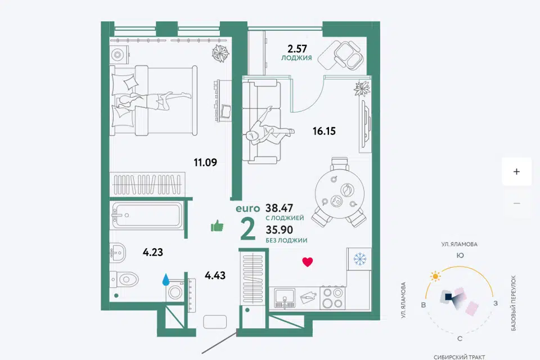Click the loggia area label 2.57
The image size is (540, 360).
297,48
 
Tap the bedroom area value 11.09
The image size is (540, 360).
205,162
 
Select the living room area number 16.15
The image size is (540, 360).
324,131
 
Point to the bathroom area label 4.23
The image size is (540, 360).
153,252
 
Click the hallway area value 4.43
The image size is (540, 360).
215,275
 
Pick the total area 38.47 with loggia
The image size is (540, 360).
280,208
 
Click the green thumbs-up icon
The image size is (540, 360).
217,226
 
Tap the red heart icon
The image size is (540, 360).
308,262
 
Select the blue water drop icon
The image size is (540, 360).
166,280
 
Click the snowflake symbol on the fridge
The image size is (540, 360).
360,258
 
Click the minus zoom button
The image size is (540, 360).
516,204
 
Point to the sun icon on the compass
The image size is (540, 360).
435,276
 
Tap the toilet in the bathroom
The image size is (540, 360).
124,279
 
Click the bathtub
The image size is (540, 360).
147,215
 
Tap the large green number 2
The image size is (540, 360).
248,229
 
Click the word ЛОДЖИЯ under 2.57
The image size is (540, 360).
296,58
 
